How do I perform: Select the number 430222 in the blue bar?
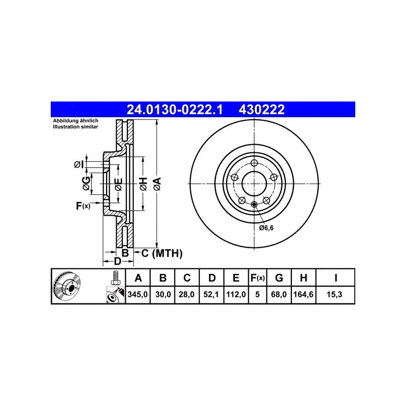261,109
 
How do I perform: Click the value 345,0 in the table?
138,294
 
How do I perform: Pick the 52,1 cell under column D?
212,294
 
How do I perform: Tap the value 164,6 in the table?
303,294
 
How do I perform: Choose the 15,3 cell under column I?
335,294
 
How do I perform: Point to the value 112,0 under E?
236,294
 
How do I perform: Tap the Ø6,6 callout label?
266,228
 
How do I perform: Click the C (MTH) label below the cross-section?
161,253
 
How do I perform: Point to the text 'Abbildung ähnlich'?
76,121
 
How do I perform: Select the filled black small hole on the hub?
253,205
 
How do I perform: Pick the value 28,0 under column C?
187,294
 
